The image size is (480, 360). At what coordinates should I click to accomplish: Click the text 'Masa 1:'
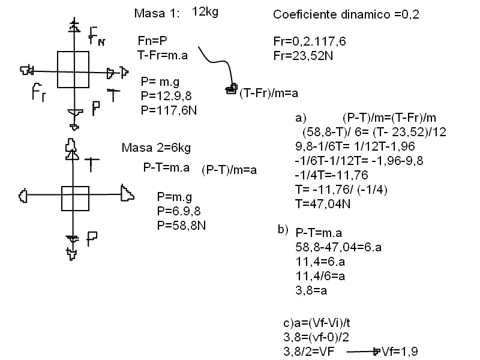[157, 14]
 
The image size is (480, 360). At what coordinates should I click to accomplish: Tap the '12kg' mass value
[205, 11]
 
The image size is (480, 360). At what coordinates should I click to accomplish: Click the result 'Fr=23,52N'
[301, 54]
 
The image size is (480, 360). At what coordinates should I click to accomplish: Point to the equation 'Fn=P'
[152, 41]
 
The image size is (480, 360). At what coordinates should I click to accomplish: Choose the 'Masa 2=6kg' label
[157, 148]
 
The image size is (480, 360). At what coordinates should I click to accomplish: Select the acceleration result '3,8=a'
[311, 289]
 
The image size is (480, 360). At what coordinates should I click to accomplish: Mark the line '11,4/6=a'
[320, 275]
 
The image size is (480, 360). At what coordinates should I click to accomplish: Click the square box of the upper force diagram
[73, 70]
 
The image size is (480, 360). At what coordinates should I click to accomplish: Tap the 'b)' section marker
[283, 229]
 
